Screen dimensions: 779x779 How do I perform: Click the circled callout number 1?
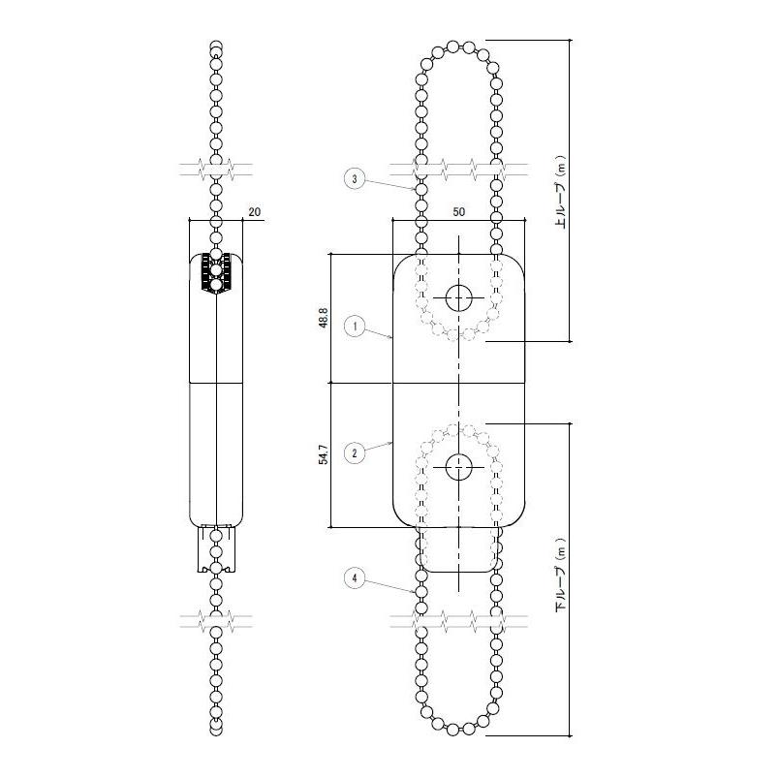[356, 327]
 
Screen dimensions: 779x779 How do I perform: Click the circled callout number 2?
[356, 452]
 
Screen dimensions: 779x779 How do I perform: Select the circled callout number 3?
[356, 178]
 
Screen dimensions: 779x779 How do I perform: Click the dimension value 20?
[255, 210]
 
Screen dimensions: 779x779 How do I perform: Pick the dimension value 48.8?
[323, 319]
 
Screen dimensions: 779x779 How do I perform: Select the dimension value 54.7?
[323, 454]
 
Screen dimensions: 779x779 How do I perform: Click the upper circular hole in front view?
[458, 297]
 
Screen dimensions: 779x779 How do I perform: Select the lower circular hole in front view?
[458, 466]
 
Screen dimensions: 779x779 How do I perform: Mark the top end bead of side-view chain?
[217, 46]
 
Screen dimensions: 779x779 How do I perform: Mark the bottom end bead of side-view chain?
[217, 729]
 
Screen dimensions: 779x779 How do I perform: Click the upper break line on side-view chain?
[217, 169]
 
